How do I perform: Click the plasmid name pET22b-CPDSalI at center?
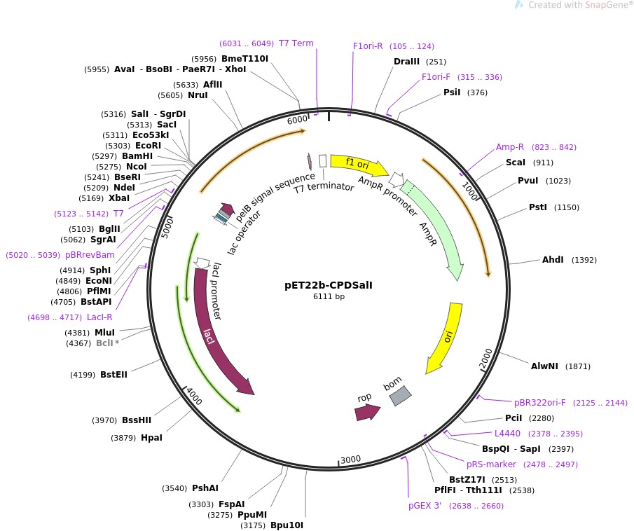(x=329, y=285)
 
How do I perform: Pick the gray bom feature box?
(x=400, y=396)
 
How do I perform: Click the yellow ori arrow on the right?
(x=445, y=338)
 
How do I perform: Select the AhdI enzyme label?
(x=553, y=260)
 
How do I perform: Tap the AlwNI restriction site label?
(x=544, y=366)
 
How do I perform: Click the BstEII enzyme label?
(x=113, y=375)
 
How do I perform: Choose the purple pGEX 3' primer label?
(x=425, y=506)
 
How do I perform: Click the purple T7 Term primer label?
(x=296, y=43)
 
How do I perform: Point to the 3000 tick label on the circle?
(x=350, y=460)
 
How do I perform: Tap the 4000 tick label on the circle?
(x=194, y=396)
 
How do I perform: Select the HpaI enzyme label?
(x=151, y=438)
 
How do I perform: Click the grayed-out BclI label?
(x=104, y=343)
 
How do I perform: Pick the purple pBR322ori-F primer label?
(x=540, y=402)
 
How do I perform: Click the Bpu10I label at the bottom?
(x=287, y=525)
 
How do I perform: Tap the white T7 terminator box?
(x=323, y=160)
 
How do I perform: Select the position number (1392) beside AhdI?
(x=584, y=260)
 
